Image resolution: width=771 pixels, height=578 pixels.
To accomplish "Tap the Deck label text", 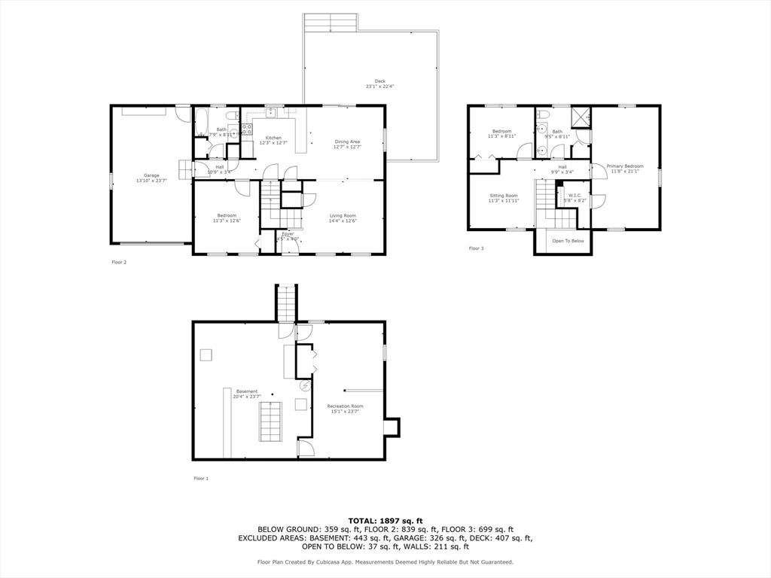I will tap(379, 81).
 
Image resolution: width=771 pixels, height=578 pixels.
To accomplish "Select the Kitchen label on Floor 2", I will tap(273, 138).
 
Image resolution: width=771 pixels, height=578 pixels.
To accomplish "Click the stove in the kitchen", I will tap(245, 129).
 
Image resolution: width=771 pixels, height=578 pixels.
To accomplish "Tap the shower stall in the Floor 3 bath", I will tap(581, 117).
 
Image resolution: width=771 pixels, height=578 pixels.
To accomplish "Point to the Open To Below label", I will tap(568, 242).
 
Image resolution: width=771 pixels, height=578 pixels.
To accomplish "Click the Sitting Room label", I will tap(503, 196).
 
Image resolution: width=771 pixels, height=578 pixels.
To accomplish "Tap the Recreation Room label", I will tap(345, 406).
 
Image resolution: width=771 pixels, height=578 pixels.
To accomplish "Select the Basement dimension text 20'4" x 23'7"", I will tap(246, 397).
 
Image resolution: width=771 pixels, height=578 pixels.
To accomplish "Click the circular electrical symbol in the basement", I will tap(305, 385).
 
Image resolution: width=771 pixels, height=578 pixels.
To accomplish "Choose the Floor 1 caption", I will tap(201, 478).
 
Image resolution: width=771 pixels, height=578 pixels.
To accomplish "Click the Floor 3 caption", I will tap(476, 248).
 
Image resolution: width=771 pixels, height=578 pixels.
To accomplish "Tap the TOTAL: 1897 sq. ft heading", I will tap(385, 520).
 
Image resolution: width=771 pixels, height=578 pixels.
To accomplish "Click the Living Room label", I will tap(343, 216).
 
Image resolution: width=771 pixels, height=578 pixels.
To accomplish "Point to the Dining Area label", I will tap(347, 141).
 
